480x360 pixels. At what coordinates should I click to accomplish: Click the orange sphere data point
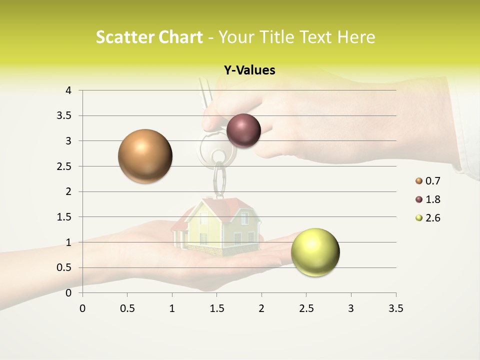[145, 156]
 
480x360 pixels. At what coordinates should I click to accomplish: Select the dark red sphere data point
[243, 130]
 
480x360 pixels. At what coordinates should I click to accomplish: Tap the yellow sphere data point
[315, 252]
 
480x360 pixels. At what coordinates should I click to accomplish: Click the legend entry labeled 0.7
[428, 181]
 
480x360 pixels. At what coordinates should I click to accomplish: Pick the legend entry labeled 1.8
[428, 199]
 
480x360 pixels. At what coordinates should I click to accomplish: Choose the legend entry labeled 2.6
[428, 218]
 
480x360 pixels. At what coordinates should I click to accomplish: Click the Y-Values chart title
[249, 70]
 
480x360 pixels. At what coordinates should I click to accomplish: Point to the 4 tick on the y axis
[69, 90]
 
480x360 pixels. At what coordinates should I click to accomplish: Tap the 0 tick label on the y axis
[69, 293]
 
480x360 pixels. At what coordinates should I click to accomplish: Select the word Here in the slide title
[356, 37]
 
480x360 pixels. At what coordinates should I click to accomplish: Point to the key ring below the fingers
[219, 177]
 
